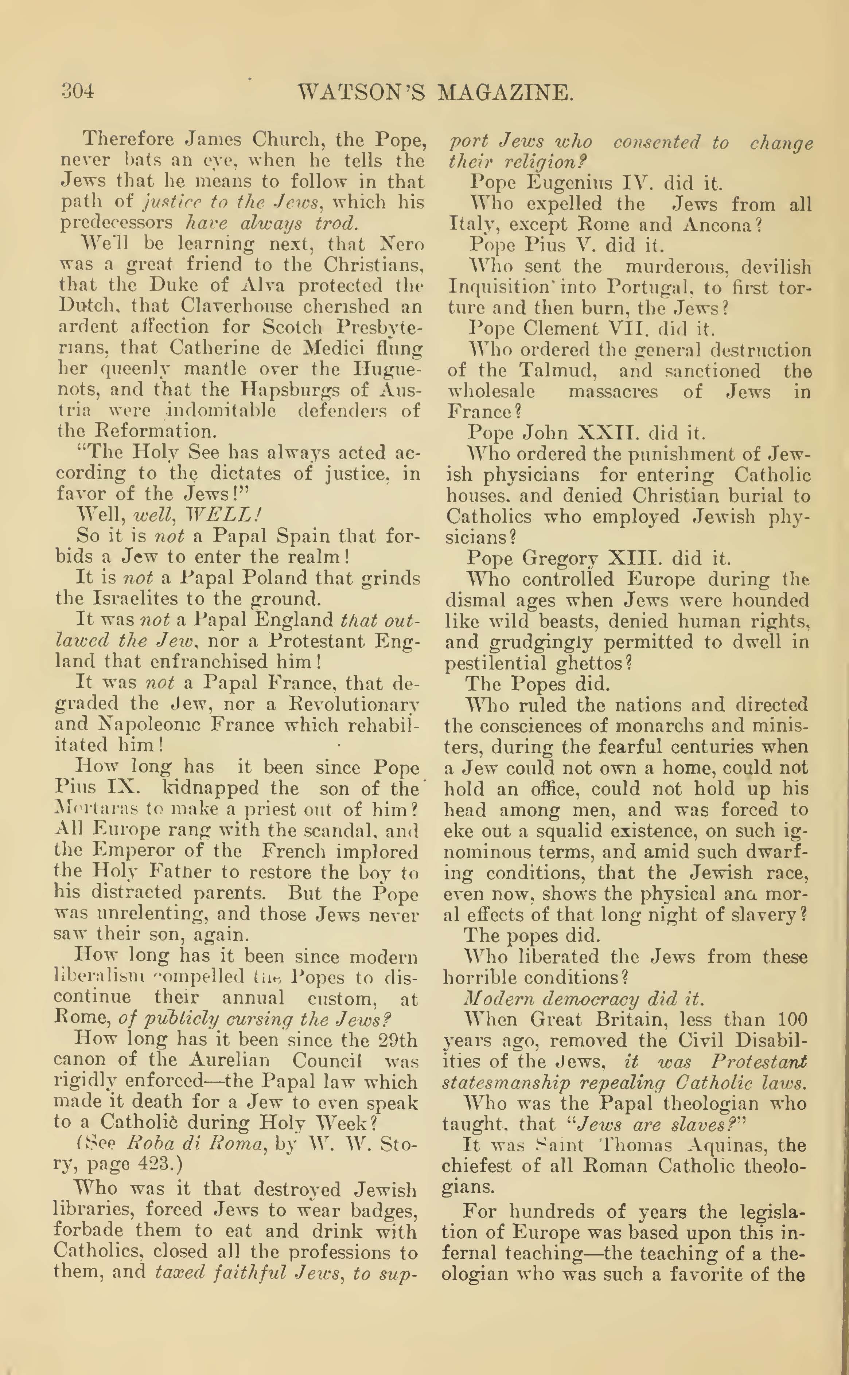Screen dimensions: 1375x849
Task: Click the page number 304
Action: (x=78, y=91)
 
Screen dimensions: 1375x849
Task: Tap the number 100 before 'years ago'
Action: (x=792, y=1019)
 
